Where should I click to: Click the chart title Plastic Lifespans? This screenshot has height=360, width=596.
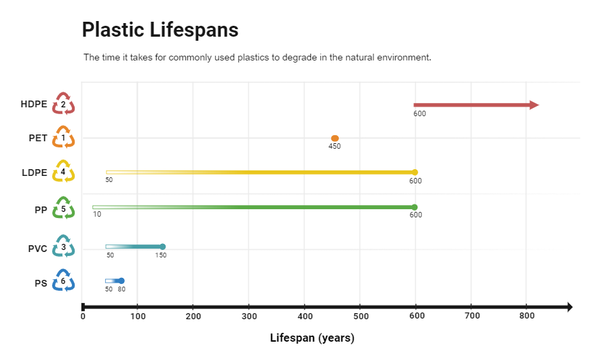[160, 31]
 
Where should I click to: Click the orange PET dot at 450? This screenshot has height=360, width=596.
[335, 138]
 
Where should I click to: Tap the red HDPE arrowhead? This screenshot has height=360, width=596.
[534, 105]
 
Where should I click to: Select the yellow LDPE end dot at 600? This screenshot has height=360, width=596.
[415, 172]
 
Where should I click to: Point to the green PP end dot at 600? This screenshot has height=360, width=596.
[415, 207]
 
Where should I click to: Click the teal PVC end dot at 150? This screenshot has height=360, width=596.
[162, 247]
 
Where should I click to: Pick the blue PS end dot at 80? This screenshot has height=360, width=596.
[121, 281]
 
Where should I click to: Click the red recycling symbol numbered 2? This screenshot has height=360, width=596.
[63, 105]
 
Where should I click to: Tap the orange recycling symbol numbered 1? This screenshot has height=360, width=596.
[63, 138]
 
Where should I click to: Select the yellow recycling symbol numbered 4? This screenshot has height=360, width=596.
[63, 172]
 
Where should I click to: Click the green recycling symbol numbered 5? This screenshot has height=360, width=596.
[63, 209]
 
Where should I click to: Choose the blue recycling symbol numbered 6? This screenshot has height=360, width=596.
[63, 281]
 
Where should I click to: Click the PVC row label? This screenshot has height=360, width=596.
[37, 249]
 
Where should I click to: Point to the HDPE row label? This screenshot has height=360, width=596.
[34, 105]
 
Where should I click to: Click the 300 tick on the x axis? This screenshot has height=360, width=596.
[248, 316]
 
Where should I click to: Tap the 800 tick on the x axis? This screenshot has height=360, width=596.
[526, 316]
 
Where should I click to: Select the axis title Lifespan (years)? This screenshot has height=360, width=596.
[312, 338]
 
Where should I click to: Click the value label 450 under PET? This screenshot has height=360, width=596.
[335, 147]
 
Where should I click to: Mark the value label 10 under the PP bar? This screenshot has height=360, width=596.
[97, 215]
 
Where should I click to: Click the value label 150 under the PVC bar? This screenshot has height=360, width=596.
[160, 255]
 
